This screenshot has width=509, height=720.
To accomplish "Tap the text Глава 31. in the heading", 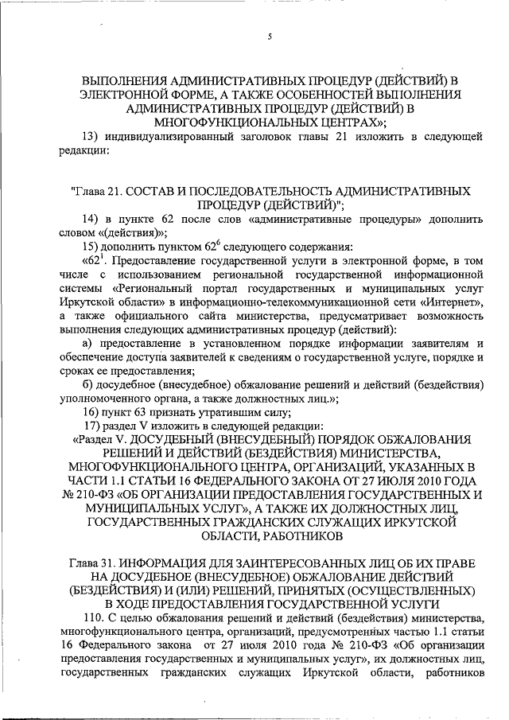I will pyautogui.click(x=99, y=563).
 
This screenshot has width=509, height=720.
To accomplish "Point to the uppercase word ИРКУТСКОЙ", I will pyautogui.click(x=411, y=521).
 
